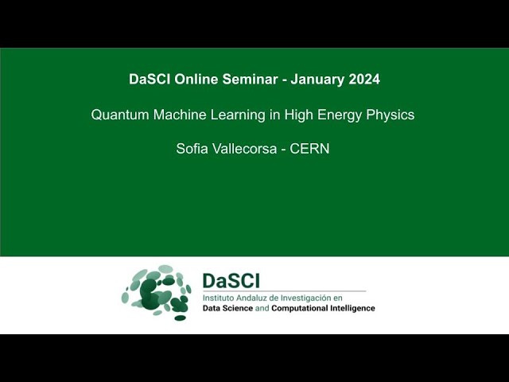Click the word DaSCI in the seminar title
click(148, 80)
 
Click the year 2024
click(363, 80)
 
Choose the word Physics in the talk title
click(390, 115)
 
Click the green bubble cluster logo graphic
click(157, 292)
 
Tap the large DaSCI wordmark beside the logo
click(231, 281)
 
